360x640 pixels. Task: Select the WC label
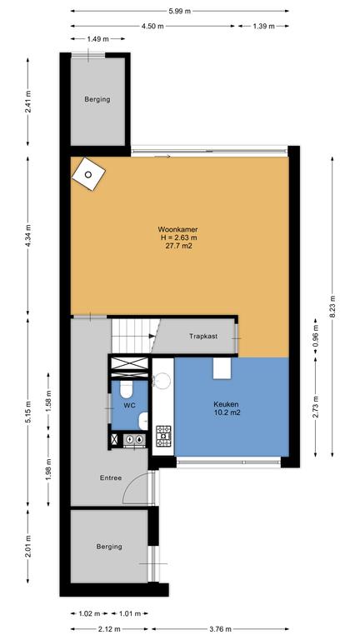130,405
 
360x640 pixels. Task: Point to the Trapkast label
203,337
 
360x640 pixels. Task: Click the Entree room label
111,477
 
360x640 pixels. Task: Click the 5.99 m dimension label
180,11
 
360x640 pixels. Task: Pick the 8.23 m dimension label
332,306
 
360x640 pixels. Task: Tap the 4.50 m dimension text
152,26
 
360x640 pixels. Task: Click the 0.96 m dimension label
316,337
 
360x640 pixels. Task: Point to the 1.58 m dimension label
48,402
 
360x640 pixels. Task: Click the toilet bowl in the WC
126,389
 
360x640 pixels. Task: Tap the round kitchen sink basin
162,380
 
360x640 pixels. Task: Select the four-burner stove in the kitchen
163,436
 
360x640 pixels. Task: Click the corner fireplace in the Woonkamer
88,174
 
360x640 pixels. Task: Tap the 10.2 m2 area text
226,412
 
